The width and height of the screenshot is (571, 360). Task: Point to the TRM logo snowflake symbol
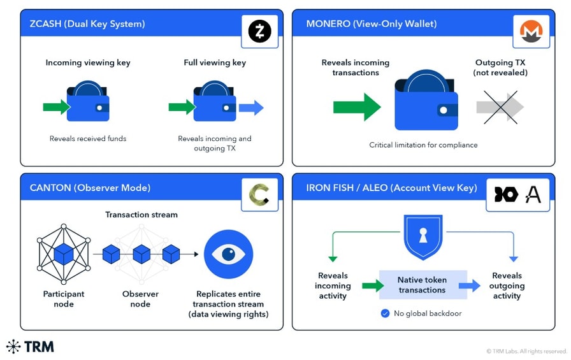(13, 347)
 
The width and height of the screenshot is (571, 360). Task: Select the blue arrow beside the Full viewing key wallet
(251, 108)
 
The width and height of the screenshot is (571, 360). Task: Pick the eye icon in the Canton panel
(228, 254)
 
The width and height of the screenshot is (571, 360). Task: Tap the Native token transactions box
(422, 285)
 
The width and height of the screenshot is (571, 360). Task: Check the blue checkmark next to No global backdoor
(385, 313)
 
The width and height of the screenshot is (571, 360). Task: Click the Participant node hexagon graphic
(64, 254)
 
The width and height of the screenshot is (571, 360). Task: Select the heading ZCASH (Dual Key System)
(87, 24)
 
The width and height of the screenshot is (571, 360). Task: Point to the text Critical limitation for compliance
(423, 145)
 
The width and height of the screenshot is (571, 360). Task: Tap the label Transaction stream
(141, 215)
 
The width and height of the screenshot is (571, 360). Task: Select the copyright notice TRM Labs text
(526, 351)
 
